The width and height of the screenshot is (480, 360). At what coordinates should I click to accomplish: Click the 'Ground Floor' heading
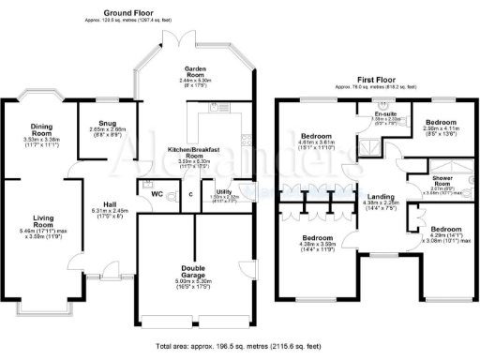pyautogui.click(x=128, y=11)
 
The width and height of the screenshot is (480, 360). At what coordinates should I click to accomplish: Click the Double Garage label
pyautogui.click(x=195, y=270)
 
